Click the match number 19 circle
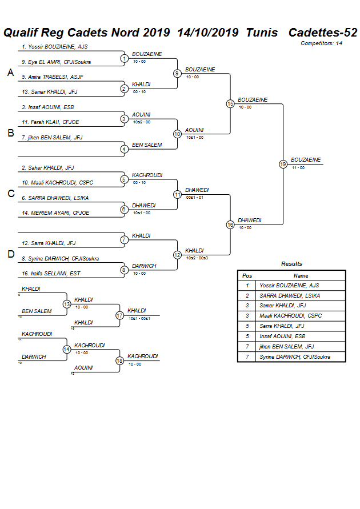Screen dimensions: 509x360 coord(283,164)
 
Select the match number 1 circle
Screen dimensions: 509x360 coord(124,58)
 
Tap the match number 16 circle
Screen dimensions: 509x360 coord(230,225)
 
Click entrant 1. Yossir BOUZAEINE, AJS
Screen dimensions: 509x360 coord(54,47)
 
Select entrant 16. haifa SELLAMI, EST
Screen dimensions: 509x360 coord(51,274)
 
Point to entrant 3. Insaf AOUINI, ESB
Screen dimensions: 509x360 coord(47,107)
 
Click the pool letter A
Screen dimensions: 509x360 coord(10,73)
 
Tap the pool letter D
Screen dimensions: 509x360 coord(10,255)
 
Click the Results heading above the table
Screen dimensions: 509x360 coord(291,264)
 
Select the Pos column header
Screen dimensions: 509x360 coord(247,275)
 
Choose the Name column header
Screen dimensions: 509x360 coord(301,275)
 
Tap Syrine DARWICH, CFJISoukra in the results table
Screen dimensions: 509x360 coord(295,357)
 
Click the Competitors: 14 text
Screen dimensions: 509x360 coord(321,43)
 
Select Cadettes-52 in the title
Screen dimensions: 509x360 coord(323,33)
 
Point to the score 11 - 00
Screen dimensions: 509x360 coord(298,167)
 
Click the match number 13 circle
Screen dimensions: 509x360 coord(67,304)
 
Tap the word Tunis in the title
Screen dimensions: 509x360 coord(262,33)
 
